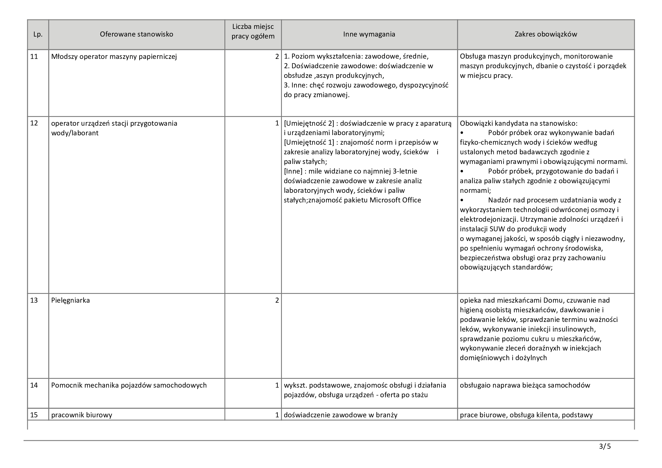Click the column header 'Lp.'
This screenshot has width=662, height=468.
(x=38, y=34)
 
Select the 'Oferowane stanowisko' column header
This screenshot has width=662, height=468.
(x=136, y=34)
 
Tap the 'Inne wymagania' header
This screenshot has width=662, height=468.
(x=369, y=34)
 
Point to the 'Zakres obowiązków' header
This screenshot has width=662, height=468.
(x=546, y=34)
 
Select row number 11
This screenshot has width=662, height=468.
(x=34, y=57)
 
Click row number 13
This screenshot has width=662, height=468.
(x=34, y=300)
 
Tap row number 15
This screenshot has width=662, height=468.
(x=34, y=415)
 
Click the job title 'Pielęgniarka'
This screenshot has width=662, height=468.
(x=70, y=300)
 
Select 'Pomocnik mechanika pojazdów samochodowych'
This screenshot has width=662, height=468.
(x=129, y=385)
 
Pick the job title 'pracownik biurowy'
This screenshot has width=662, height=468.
(x=82, y=415)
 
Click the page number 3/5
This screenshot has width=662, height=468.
(x=605, y=447)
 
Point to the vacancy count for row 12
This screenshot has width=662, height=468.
(x=277, y=123)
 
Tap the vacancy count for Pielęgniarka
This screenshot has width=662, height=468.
(x=277, y=300)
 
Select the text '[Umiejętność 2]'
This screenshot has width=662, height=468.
(x=309, y=123)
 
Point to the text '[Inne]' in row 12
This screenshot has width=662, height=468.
(x=293, y=171)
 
